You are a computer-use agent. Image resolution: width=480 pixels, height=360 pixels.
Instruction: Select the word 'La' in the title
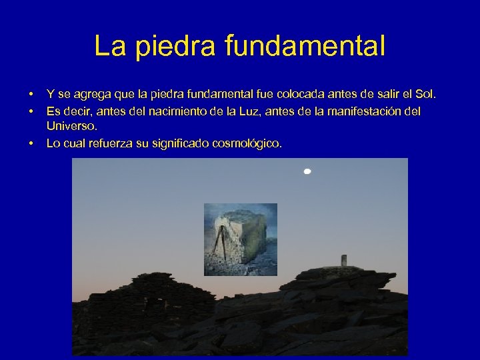pyautogui.click(x=109, y=46)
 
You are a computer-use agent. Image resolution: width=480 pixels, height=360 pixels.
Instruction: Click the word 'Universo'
pyautogui.click(x=71, y=125)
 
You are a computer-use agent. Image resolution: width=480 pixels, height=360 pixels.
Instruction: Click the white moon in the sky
pyautogui.click(x=307, y=172)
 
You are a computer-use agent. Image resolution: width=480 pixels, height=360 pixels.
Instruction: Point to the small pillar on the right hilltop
pyautogui.click(x=344, y=260)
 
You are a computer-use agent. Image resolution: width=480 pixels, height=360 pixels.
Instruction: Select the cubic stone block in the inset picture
pyautogui.click(x=247, y=237)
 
